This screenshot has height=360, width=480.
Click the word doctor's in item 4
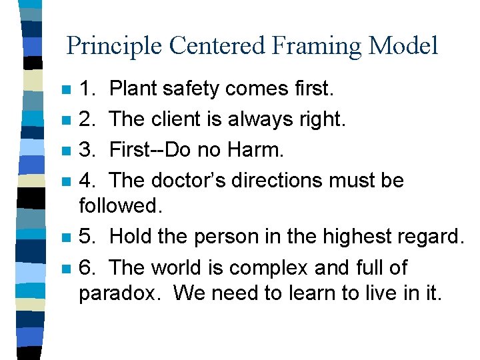click(191, 181)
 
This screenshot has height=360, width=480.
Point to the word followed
click(121, 205)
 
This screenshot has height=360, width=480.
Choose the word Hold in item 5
click(131, 237)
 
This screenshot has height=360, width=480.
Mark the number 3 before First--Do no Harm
click(85, 151)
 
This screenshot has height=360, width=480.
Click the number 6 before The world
click(85, 268)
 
